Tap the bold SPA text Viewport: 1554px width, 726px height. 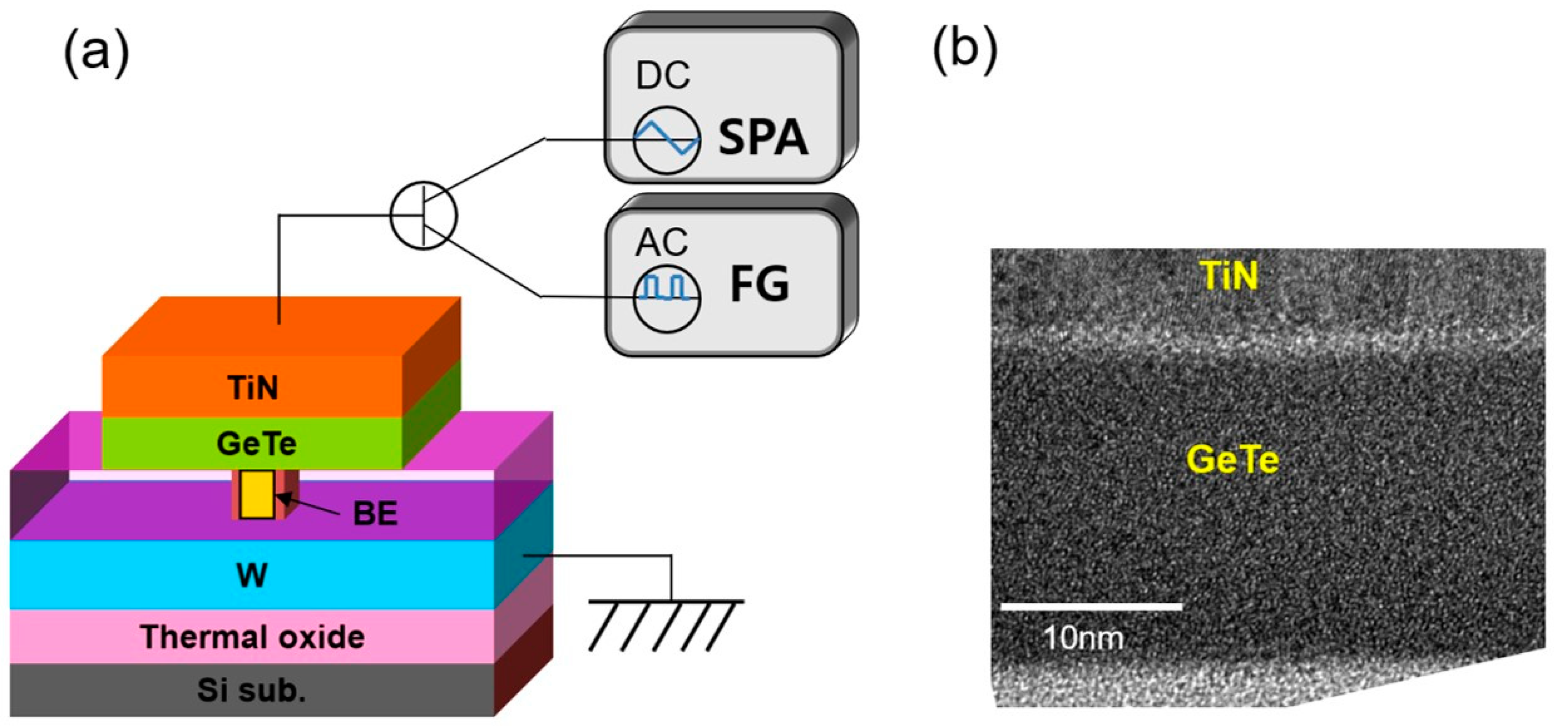pyautogui.click(x=763, y=137)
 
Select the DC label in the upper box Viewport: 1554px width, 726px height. pyautogui.click(x=662, y=77)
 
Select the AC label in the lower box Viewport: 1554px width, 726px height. pyautogui.click(x=661, y=242)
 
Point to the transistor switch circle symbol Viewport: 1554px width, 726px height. pyautogui.click(x=424, y=215)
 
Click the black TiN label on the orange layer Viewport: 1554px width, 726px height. pyautogui.click(x=254, y=387)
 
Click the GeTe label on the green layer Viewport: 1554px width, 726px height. pyautogui.click(x=256, y=444)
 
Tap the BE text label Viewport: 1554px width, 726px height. pyautogui.click(x=375, y=514)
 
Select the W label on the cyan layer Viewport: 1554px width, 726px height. pyautogui.click(x=252, y=575)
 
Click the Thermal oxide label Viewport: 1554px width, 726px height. pyautogui.click(x=252, y=637)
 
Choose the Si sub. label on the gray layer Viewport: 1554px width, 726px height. pyautogui.click(x=252, y=691)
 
